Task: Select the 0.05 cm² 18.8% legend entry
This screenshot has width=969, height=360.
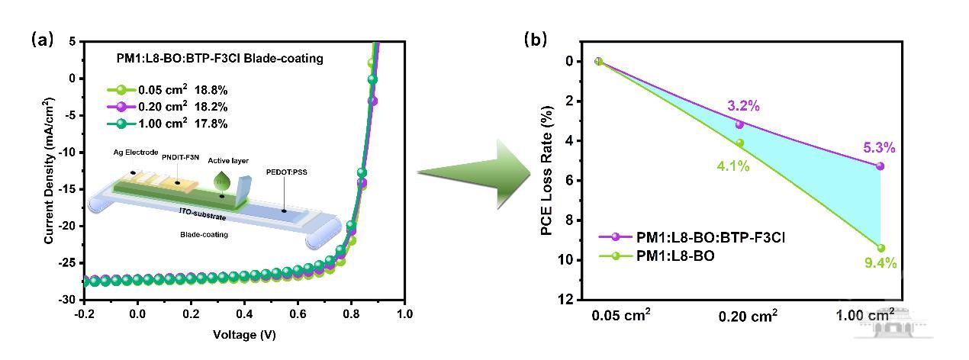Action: (x=166, y=90)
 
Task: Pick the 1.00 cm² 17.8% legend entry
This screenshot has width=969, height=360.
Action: (x=166, y=124)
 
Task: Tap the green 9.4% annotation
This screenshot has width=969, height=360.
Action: (x=880, y=264)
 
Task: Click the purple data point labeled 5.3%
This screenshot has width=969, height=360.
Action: (x=880, y=166)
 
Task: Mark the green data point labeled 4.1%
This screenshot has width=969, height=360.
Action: (x=739, y=143)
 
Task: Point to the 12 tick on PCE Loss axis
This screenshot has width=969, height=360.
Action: (x=567, y=300)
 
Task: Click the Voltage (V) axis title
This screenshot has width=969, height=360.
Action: (x=244, y=335)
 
